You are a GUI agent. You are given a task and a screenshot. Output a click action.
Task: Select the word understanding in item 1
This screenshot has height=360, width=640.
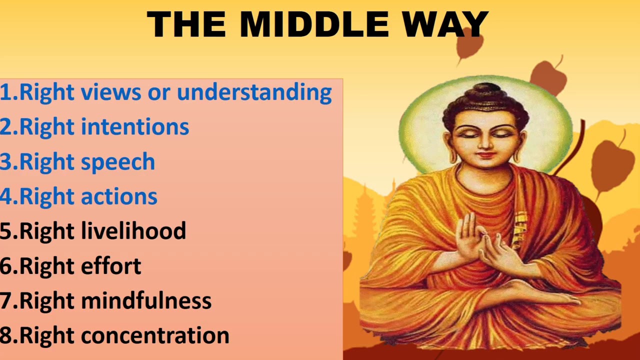click(x=254, y=92)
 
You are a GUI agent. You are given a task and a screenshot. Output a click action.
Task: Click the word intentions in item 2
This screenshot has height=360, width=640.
click(x=134, y=127)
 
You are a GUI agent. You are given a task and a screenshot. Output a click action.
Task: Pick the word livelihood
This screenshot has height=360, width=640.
click(x=133, y=231)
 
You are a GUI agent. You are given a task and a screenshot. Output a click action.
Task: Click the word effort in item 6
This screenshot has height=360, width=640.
click(x=111, y=266)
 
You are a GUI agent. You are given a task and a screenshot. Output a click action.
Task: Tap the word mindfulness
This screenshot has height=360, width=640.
click(x=146, y=301)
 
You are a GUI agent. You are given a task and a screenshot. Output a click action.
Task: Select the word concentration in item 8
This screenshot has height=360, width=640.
click(x=155, y=335)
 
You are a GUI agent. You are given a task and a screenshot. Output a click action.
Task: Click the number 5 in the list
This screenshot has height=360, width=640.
click(x=6, y=231)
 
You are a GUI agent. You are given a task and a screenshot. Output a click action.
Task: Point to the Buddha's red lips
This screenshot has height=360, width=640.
click(x=484, y=155)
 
